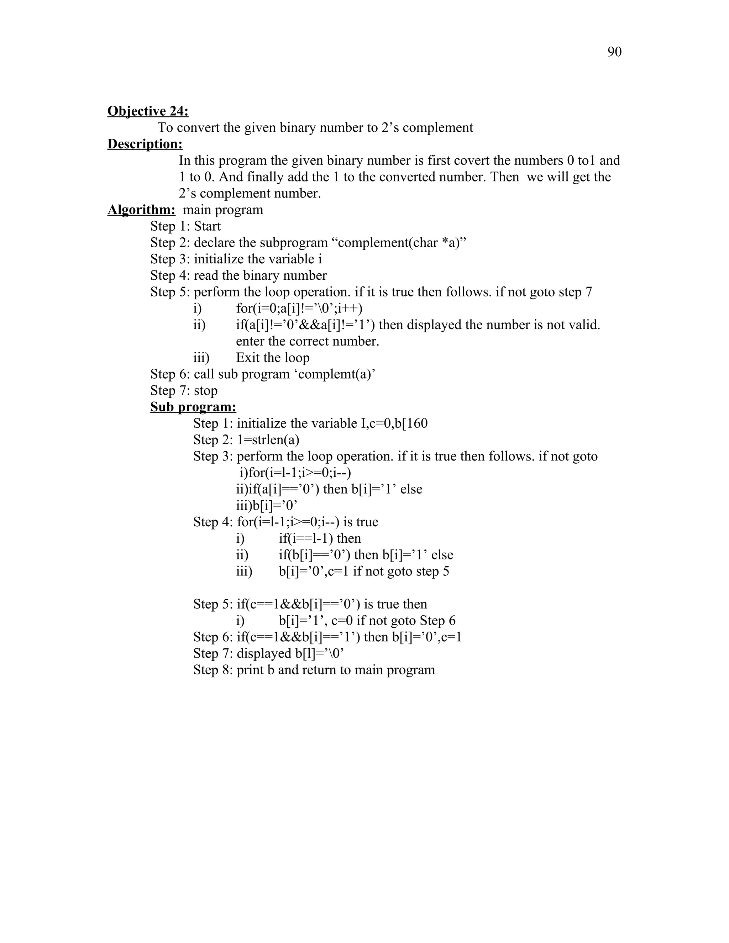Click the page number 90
pyautogui.click(x=614, y=52)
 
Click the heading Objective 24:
pyautogui.click(x=148, y=111)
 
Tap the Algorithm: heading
pyautogui.click(x=141, y=210)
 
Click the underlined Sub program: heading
pyautogui.click(x=193, y=407)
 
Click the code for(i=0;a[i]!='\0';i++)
pyautogui.click(x=299, y=308)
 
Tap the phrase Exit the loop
pyautogui.click(x=273, y=358)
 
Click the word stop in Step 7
pyautogui.click(x=206, y=390)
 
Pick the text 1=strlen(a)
pyautogui.click(x=268, y=439)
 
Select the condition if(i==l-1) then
pyautogui.click(x=320, y=538)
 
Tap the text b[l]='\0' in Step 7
pyautogui.click(x=320, y=653)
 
